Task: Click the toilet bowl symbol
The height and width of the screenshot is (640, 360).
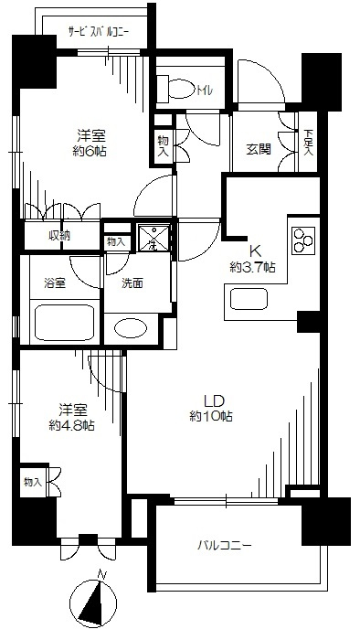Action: pyautogui.click(x=178, y=89)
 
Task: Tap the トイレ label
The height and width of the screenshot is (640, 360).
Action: pyautogui.click(x=205, y=91)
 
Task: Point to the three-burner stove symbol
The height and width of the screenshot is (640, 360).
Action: pyautogui.click(x=303, y=240)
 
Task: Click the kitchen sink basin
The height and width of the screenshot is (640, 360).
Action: pyautogui.click(x=249, y=299)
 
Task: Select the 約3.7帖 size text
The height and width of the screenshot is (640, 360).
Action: pyautogui.click(x=252, y=268)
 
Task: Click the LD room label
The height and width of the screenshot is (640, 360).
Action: pyautogui.click(x=215, y=401)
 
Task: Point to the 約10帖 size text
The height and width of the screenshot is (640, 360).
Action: pyautogui.click(x=211, y=416)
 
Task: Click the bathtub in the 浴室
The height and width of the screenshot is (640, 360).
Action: pyautogui.click(x=67, y=322)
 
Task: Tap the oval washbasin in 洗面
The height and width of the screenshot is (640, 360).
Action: pyautogui.click(x=131, y=328)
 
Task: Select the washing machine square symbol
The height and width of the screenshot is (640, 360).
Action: pyautogui.click(x=154, y=236)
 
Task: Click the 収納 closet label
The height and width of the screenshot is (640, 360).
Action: pyautogui.click(x=61, y=235)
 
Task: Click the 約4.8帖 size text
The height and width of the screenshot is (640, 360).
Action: pyautogui.click(x=71, y=425)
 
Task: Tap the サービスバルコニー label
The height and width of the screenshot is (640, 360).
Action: pyautogui.click(x=99, y=32)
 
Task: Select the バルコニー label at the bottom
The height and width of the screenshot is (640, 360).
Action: pyautogui.click(x=225, y=545)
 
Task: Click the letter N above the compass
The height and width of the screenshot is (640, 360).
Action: pyautogui.click(x=102, y=575)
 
